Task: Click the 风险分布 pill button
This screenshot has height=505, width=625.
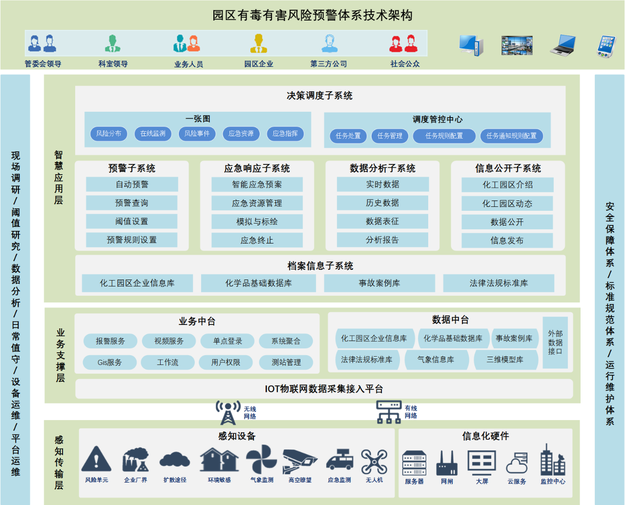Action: tap(108, 134)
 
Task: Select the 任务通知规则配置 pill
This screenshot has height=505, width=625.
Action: tap(511, 136)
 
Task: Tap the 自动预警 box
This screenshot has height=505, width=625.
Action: tap(132, 184)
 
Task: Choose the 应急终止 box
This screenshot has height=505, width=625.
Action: tap(257, 240)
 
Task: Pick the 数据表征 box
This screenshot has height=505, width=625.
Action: tap(382, 221)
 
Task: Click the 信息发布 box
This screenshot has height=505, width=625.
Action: tap(507, 241)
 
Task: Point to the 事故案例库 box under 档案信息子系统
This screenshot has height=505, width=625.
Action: tap(379, 283)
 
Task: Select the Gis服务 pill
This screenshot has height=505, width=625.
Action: tap(109, 363)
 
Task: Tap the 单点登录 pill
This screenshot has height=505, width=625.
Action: tap(228, 341)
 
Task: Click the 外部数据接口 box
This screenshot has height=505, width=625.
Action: tap(555, 342)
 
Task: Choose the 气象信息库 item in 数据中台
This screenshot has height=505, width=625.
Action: tap(437, 360)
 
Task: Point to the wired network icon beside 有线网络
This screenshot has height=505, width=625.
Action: tap(389, 412)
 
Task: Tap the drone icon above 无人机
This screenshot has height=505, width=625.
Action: tap(374, 462)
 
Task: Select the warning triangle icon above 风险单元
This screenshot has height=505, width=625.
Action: tap(96, 459)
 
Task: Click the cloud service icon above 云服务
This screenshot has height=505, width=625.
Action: tap(517, 463)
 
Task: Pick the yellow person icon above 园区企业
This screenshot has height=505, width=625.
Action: tap(258, 43)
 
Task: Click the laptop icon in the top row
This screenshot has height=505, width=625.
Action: tap(563, 45)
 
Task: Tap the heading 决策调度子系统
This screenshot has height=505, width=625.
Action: tap(319, 96)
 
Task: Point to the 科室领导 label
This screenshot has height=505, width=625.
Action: tap(113, 64)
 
